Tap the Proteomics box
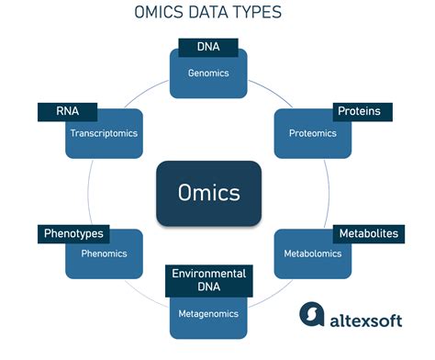tap(313, 134)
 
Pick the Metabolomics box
tap(313, 253)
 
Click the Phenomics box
tap(104, 253)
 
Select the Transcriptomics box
tap(104, 134)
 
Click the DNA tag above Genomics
tap(208, 47)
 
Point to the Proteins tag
tap(359, 111)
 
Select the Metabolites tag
tap(368, 233)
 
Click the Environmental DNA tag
tap(208, 281)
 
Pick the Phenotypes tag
tap(73, 233)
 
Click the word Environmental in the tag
tap(208, 274)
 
